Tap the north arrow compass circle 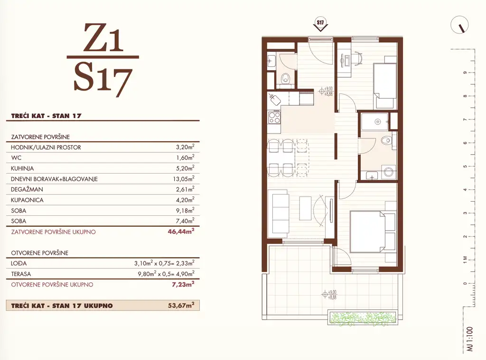tap(459, 25)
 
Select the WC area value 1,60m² tap(185, 157)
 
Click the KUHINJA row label tap(22, 168)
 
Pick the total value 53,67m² tap(181, 305)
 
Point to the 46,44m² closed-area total tap(181, 231)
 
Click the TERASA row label tap(21, 274)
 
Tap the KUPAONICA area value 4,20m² tap(185, 200)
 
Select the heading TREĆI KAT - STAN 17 tap(46, 116)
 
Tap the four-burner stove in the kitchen tap(274, 118)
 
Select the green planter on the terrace tap(362, 318)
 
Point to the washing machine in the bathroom tap(388, 172)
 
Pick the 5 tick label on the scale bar tap(465, 166)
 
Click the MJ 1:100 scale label tap(470, 339)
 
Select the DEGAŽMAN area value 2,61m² tap(185, 189)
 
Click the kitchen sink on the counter tap(275, 100)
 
